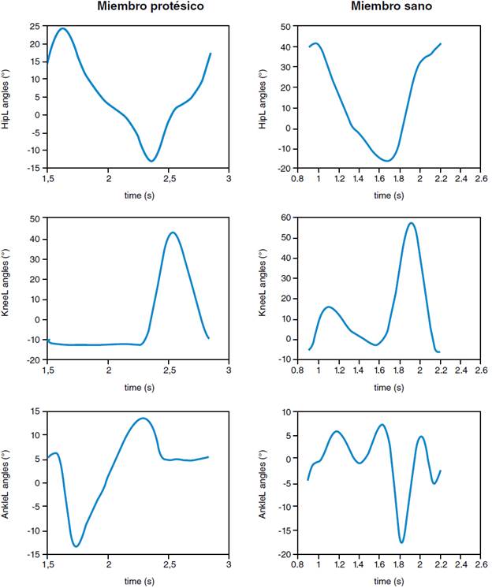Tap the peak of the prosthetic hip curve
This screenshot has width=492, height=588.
(63, 29)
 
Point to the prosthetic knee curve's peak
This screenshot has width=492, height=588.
(173, 233)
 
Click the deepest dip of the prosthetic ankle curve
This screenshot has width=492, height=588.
(76, 546)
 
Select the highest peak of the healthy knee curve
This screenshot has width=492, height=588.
(411, 223)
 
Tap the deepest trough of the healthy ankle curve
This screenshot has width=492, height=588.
(401, 542)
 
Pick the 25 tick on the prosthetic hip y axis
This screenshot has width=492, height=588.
(36, 26)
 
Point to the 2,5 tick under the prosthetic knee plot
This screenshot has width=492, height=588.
(169, 370)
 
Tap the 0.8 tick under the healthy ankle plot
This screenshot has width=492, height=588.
(298, 565)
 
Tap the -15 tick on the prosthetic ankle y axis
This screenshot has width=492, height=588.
(34, 555)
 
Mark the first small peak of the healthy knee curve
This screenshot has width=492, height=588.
(328, 307)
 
